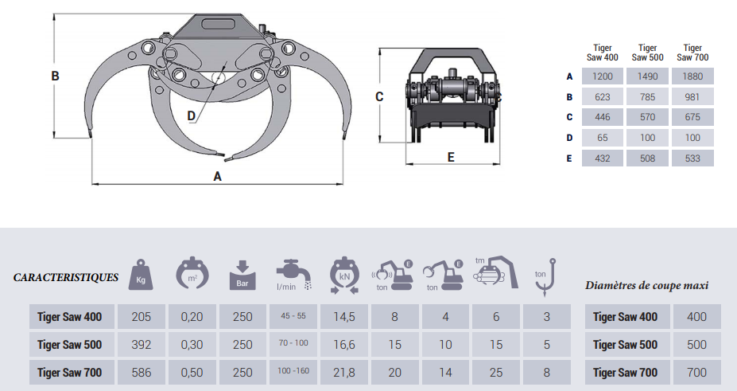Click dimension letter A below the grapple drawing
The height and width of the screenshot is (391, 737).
coord(217,177)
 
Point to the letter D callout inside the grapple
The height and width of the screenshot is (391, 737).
coord(191,115)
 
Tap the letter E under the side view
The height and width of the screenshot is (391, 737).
coord(451,157)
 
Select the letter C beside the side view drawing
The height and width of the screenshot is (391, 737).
coord(379,96)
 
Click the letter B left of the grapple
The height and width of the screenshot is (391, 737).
coord(56,76)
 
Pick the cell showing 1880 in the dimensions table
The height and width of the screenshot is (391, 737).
coord(692,76)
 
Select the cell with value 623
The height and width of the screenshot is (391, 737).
coord(603,97)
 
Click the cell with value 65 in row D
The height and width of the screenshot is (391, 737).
coord(603,138)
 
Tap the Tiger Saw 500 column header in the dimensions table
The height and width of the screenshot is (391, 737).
coord(647,53)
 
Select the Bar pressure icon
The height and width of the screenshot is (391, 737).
coord(242,275)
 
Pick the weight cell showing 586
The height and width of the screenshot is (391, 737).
coord(141,372)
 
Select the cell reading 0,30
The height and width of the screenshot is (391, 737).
coord(192,344)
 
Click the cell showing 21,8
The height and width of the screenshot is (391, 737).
coord(344,372)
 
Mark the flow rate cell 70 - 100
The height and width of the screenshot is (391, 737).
coord(293,344)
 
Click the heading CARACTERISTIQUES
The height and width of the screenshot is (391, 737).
coord(66,278)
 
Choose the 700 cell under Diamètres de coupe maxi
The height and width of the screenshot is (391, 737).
coord(696,372)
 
